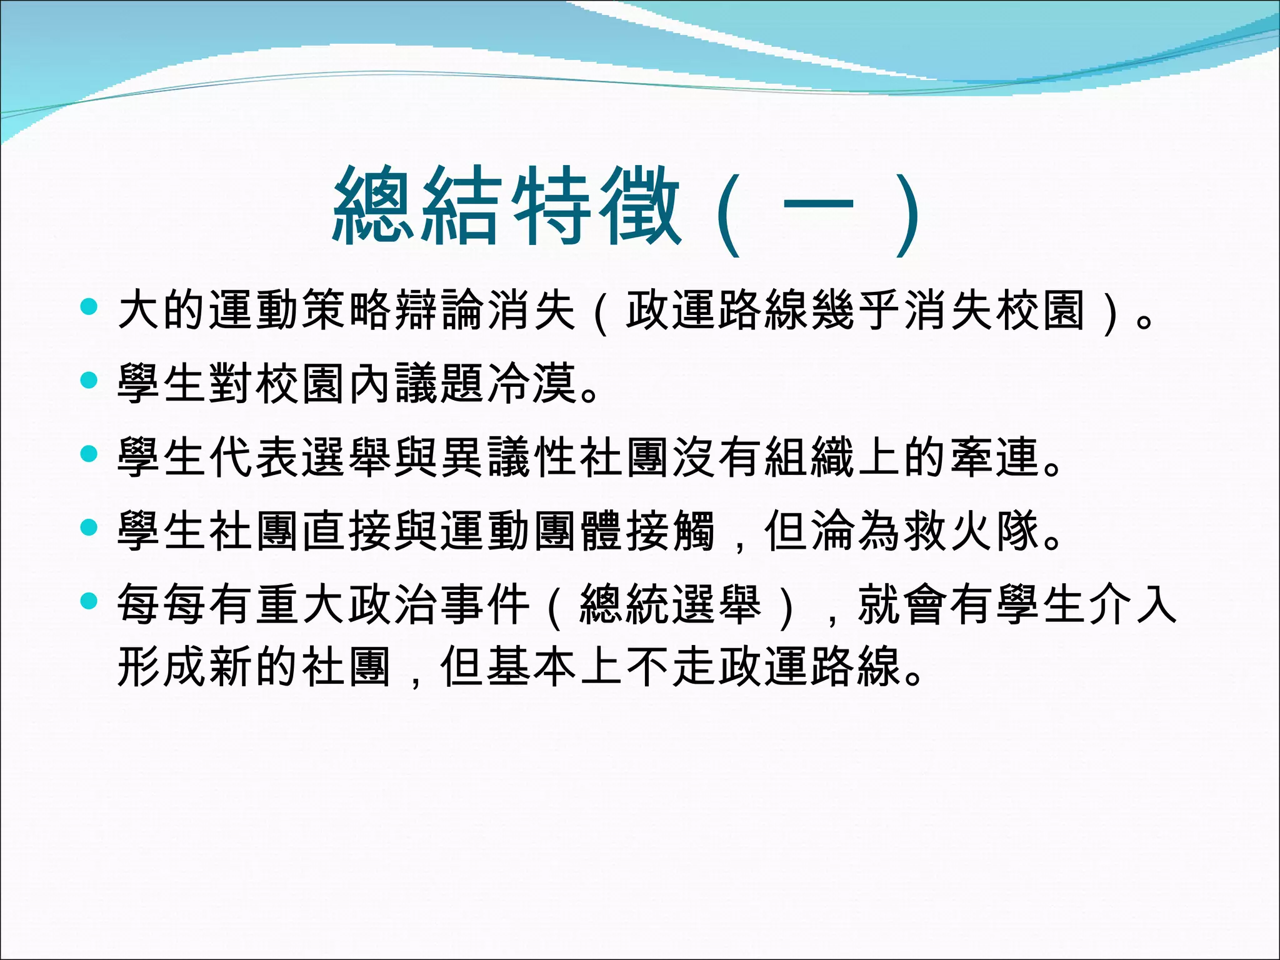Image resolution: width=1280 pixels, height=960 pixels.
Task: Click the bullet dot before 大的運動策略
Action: click(89, 307)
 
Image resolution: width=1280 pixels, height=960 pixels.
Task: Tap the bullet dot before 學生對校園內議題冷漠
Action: click(89, 380)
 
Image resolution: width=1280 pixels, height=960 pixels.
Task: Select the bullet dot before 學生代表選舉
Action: click(89, 454)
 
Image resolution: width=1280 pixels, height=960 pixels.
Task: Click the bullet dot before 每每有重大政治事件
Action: click(89, 601)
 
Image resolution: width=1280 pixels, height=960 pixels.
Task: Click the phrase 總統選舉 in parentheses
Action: click(671, 604)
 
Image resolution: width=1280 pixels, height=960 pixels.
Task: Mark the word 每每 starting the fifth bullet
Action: click(162, 604)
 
